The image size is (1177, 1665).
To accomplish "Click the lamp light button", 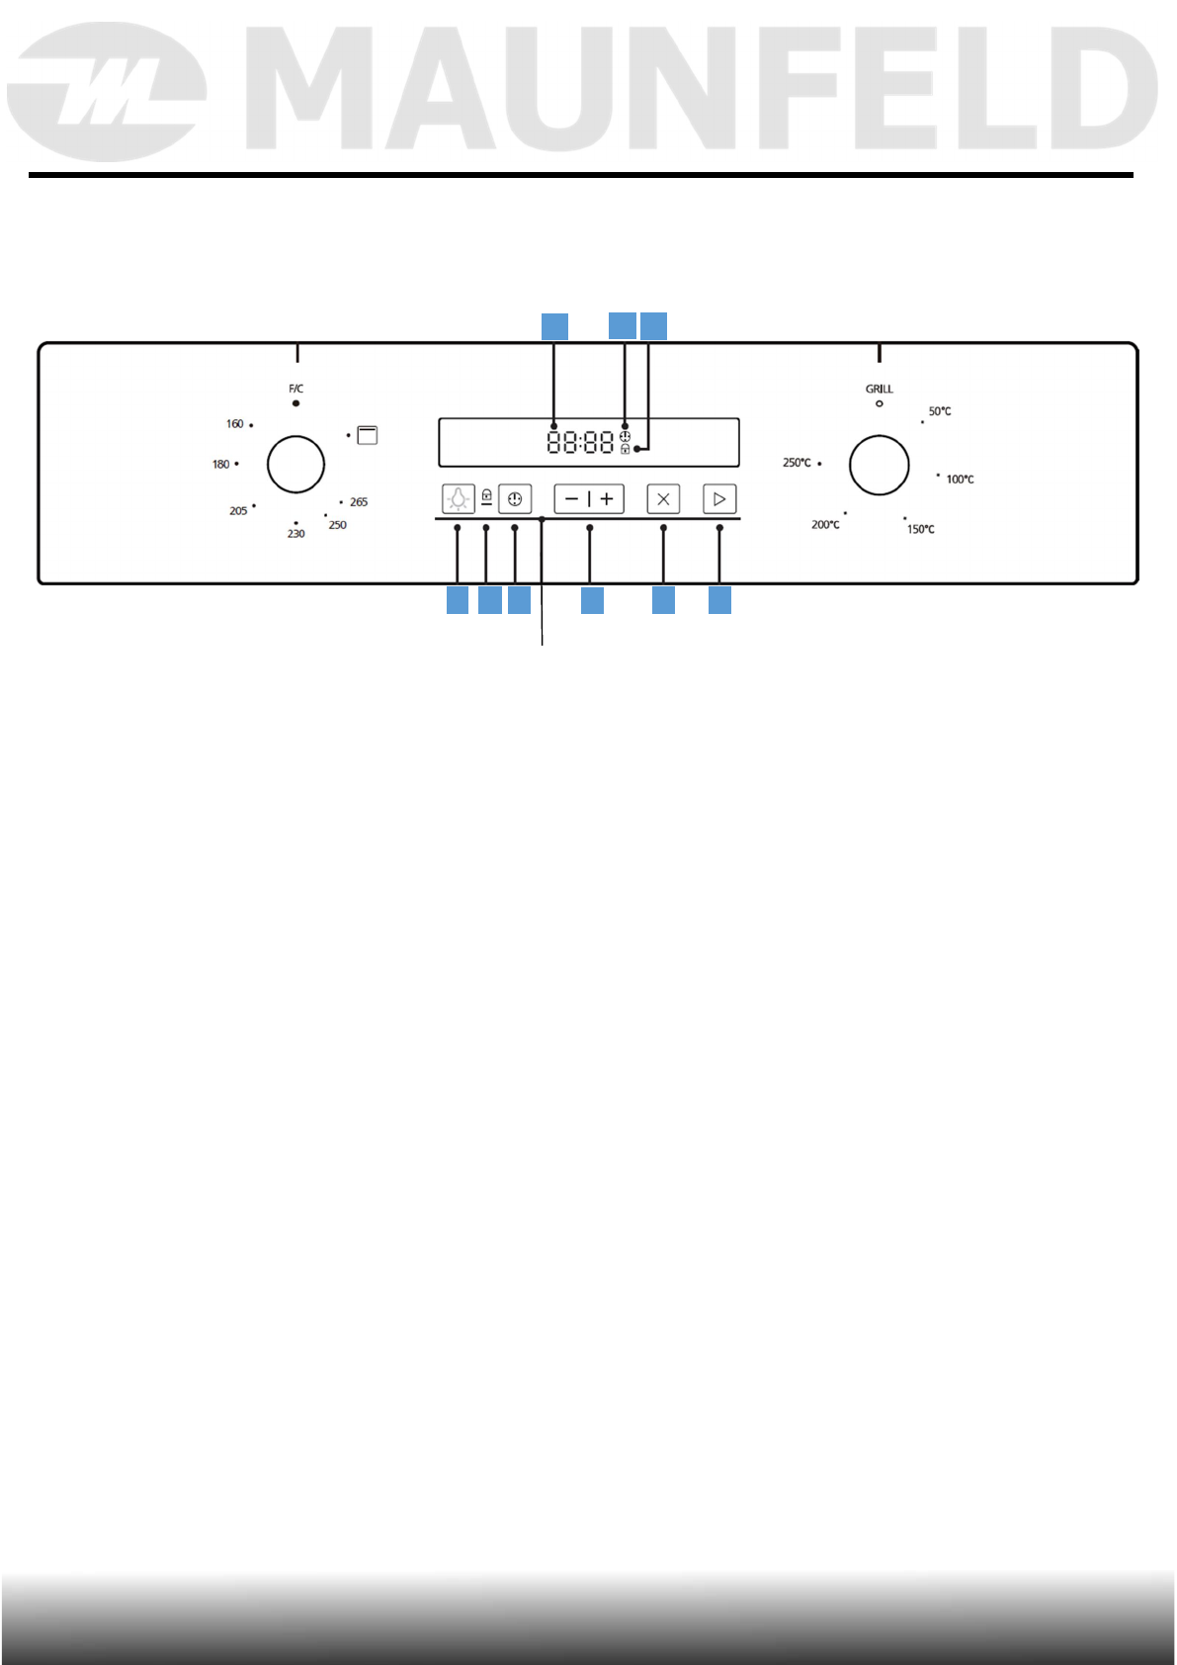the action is click(x=459, y=499).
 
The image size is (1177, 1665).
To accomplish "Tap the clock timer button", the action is click(x=515, y=499).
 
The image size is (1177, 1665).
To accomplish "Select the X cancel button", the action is click(x=663, y=499).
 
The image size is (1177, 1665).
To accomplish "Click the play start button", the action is click(x=719, y=499).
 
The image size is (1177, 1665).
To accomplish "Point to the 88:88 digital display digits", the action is click(x=580, y=442).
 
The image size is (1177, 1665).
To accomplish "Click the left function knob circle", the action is click(x=295, y=464).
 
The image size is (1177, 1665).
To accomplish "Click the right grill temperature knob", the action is click(x=879, y=465).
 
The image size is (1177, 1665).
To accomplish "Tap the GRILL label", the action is click(x=879, y=389).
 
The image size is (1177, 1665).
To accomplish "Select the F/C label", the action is click(x=295, y=389).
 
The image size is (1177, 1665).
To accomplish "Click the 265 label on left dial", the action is click(x=359, y=502).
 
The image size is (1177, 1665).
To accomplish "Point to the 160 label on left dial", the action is click(x=234, y=424).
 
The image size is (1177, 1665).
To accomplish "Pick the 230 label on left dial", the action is click(x=295, y=534).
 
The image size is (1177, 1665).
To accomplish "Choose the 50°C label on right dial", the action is click(x=940, y=411).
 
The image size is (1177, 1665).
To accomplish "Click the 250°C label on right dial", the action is click(x=797, y=463).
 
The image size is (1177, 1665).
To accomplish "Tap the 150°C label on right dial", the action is click(x=921, y=530).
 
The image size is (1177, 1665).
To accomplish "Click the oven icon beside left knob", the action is click(x=367, y=435).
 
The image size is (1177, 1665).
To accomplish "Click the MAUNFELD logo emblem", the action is click(x=107, y=92).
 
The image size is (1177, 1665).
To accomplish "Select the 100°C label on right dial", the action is click(x=960, y=480).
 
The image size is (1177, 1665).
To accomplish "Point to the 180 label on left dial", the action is click(x=220, y=464).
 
